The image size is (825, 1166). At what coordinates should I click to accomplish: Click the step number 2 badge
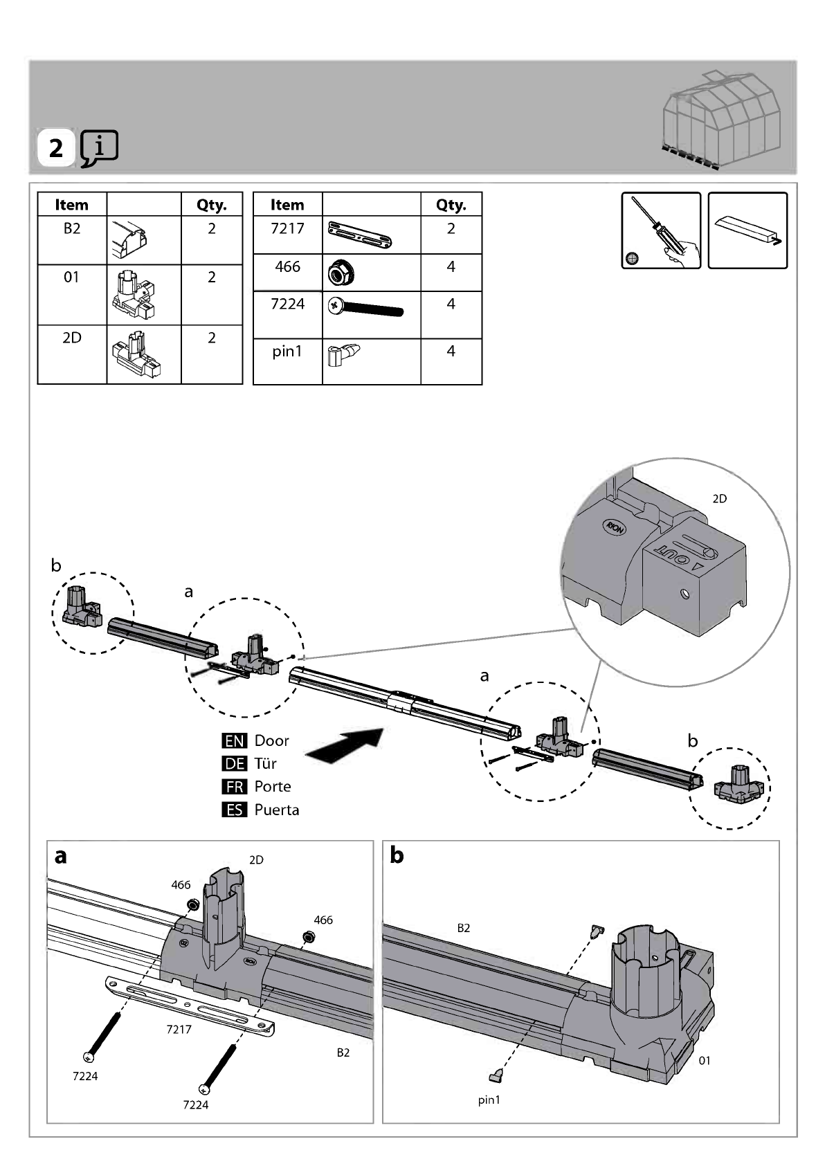tap(55, 148)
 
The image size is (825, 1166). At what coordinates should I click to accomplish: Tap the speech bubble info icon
tap(99, 148)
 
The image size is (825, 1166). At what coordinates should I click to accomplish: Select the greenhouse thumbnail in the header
tap(721, 119)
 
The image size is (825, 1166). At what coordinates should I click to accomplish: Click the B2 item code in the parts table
tap(72, 228)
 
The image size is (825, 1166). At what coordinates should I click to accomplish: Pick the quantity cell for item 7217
tap(451, 235)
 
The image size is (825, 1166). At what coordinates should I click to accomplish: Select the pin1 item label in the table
tap(287, 352)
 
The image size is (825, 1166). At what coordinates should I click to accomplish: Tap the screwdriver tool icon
tap(661, 230)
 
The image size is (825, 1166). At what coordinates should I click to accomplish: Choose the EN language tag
tap(234, 740)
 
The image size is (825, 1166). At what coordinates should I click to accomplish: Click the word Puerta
tap(276, 810)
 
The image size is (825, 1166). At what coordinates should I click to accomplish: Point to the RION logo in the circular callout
tap(615, 527)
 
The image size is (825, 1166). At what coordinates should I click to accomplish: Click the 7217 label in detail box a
tap(179, 1029)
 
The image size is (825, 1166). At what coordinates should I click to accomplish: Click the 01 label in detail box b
tap(705, 1060)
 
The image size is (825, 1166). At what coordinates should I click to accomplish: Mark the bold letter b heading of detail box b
tap(397, 855)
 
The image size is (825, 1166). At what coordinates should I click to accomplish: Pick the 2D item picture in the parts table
tap(136, 354)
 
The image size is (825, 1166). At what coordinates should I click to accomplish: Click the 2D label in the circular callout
tap(719, 499)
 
